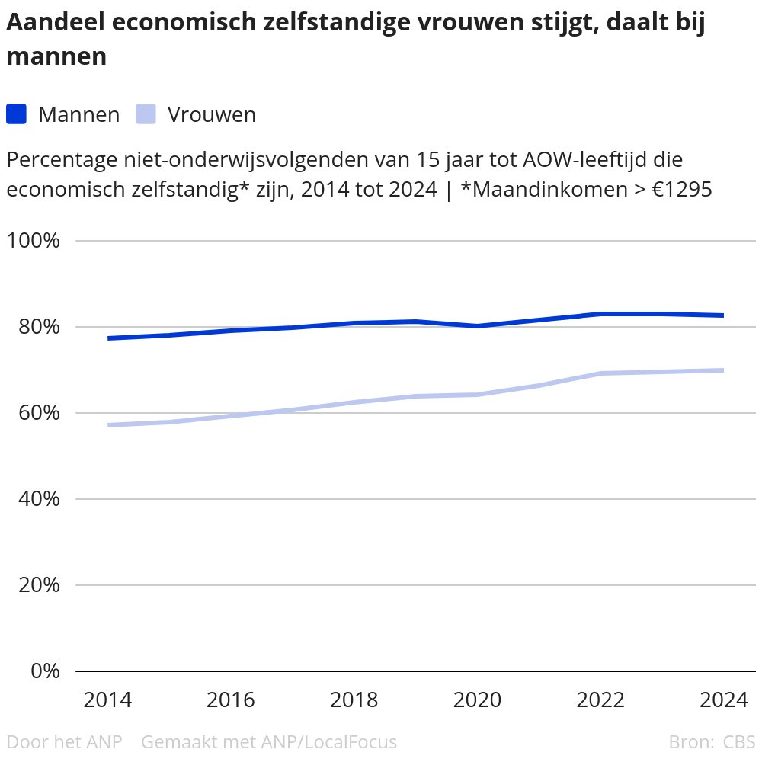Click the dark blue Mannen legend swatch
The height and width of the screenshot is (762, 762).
click(17, 114)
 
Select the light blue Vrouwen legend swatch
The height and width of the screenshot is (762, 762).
click(146, 114)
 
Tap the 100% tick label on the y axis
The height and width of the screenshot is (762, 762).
click(34, 241)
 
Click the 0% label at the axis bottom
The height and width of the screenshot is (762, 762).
click(45, 671)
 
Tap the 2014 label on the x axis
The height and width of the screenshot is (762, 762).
click(107, 700)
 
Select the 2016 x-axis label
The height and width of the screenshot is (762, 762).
click(231, 700)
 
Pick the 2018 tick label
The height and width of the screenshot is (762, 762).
click(354, 700)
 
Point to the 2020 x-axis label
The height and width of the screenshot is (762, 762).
click(477, 700)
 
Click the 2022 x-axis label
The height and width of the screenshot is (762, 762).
click(600, 700)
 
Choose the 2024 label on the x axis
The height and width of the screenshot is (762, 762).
click(723, 700)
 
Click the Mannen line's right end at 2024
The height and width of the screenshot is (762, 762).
click(722, 315)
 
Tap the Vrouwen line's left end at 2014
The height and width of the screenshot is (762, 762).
click(110, 424)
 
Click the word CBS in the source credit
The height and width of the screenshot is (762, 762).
click(739, 741)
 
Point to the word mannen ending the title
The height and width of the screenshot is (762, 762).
click(56, 56)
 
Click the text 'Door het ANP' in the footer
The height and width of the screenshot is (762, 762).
click(64, 741)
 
